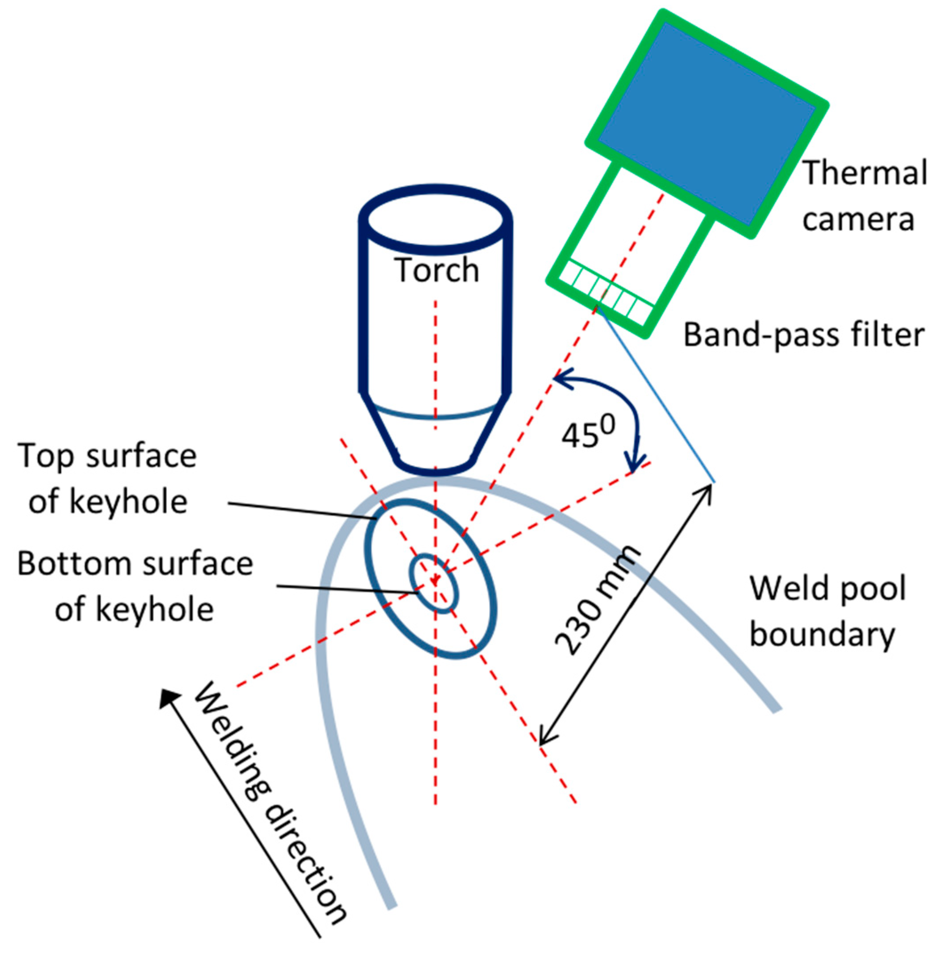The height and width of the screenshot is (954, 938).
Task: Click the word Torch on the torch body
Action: pos(436,271)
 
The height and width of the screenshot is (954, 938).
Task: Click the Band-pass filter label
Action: pos(803,335)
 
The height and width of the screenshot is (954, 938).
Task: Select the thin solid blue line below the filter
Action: pos(655,394)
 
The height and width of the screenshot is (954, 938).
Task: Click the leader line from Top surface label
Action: pos(301,511)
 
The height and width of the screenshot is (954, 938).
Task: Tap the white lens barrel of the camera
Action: pos(640,232)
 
